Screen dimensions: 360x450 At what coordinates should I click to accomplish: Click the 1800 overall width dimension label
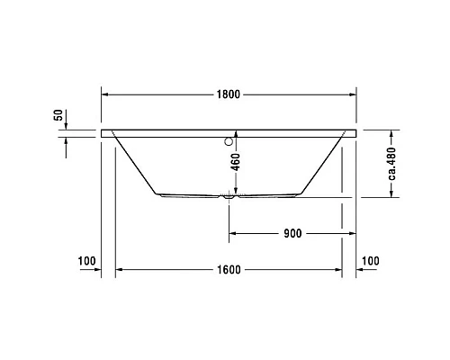(x=229, y=93)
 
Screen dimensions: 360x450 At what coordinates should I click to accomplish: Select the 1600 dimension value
(x=229, y=269)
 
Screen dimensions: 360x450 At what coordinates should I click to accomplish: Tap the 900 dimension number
(x=291, y=232)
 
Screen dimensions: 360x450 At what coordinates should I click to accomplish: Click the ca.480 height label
(x=392, y=164)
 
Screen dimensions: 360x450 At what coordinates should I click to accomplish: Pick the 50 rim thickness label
(x=58, y=115)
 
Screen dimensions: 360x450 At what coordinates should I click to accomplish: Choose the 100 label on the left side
(x=86, y=261)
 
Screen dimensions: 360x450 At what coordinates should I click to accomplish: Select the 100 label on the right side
(x=370, y=261)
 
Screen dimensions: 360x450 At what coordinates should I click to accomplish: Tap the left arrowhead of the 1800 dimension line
(x=104, y=93)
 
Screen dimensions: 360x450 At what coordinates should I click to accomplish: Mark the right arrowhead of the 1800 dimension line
(x=354, y=93)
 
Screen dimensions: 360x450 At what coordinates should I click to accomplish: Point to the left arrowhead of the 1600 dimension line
(x=121, y=269)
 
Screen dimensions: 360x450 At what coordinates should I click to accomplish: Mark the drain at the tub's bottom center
(x=229, y=197)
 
